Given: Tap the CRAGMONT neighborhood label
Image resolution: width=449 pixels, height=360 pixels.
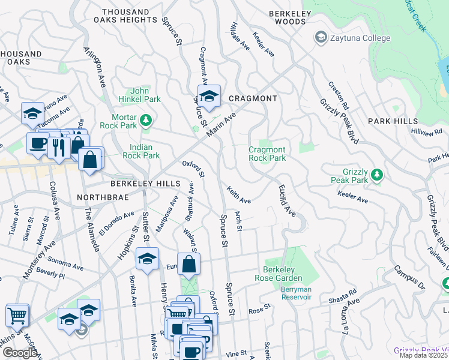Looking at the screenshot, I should click(x=253, y=98).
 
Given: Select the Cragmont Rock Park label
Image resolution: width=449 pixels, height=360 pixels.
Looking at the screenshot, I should click(x=267, y=154).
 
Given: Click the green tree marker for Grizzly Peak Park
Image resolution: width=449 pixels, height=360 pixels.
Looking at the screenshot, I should click(x=377, y=175).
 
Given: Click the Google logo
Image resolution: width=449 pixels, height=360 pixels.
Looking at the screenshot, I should click(x=20, y=353).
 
